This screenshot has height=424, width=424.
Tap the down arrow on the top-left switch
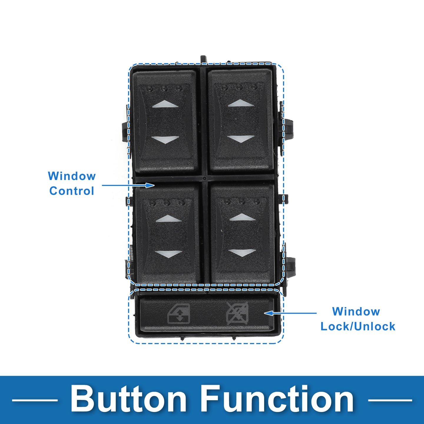tap(165, 140)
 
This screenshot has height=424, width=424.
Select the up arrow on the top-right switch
tap(241, 103)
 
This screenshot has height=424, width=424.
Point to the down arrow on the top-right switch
tap(241, 139)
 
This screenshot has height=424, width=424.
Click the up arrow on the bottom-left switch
tap(168, 218)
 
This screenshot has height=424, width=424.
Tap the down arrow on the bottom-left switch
tap(168, 254)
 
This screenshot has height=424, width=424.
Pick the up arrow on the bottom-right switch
tap(242, 217)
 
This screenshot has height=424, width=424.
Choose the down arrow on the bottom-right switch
tap(242, 253)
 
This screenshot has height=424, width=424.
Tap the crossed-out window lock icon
tap(237, 314)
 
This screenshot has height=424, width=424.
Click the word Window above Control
tap(72, 176)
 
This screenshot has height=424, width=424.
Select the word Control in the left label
tap(72, 191)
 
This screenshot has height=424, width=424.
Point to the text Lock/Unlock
tap(358, 326)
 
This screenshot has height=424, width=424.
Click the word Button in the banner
tap(128, 399)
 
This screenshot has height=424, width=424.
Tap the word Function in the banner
tap(278, 399)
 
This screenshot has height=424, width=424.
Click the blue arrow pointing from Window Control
tap(128, 185)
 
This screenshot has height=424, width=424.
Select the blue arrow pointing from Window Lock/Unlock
tap(290, 313)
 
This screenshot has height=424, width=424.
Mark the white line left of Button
tap(35, 400)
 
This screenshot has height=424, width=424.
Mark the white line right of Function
tap(390, 400)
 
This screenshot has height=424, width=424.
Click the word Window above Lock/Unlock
tap(356, 312)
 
